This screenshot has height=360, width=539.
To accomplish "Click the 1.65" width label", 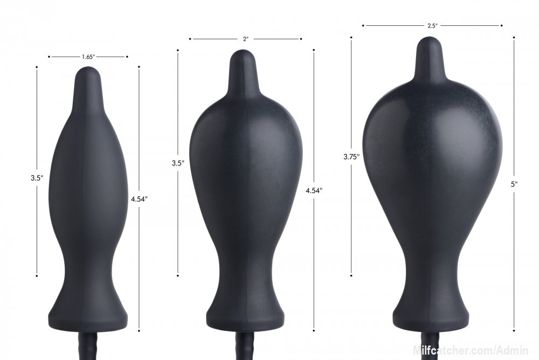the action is coord(88,57).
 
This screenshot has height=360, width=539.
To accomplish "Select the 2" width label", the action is coord(245,39).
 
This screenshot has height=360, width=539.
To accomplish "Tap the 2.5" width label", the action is coord(432,25).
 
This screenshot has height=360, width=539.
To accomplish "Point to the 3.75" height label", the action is coord(351,157).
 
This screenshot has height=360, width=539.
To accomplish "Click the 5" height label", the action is coord(514,184).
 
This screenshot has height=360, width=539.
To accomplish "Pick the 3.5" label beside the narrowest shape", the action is coord(37,178).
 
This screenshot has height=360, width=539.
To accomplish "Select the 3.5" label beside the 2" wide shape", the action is coord(178,163).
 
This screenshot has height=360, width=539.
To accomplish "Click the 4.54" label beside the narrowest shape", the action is coord(139,198).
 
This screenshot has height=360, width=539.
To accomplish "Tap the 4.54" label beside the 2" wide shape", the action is coord(314,190).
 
